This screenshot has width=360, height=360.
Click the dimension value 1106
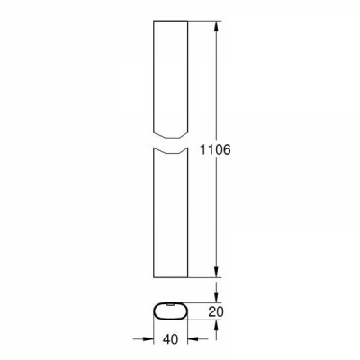[215, 149]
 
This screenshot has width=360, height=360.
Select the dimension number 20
[216, 312]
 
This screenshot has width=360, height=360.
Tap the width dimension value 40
[170, 339]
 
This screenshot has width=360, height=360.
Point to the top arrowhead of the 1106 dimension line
[216, 26]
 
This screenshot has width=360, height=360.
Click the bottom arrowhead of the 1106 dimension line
[216, 272]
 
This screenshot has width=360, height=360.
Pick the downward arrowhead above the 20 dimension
[216, 297]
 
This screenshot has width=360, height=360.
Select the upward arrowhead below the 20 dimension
[216, 325]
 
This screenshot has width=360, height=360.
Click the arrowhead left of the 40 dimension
[148, 339]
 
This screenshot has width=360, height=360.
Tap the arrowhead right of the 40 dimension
[193, 339]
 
